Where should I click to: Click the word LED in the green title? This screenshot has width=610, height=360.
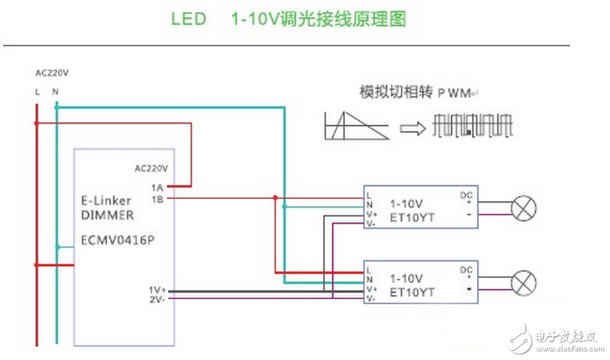[189, 20]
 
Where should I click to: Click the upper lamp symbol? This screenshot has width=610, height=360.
[523, 208]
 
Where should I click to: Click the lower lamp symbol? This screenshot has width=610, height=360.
[523, 282]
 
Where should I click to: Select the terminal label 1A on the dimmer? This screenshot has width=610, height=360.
[157, 187]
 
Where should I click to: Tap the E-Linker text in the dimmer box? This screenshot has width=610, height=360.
[106, 201]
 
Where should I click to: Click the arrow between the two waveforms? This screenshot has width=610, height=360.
[413, 128]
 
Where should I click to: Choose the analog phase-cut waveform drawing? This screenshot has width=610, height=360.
[356, 126]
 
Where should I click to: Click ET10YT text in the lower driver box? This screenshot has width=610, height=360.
[412, 292]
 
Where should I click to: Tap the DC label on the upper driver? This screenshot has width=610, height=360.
[465, 194]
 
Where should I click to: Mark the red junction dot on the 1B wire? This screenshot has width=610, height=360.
[275, 198]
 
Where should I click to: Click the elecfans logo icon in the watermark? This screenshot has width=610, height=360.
[521, 338]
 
